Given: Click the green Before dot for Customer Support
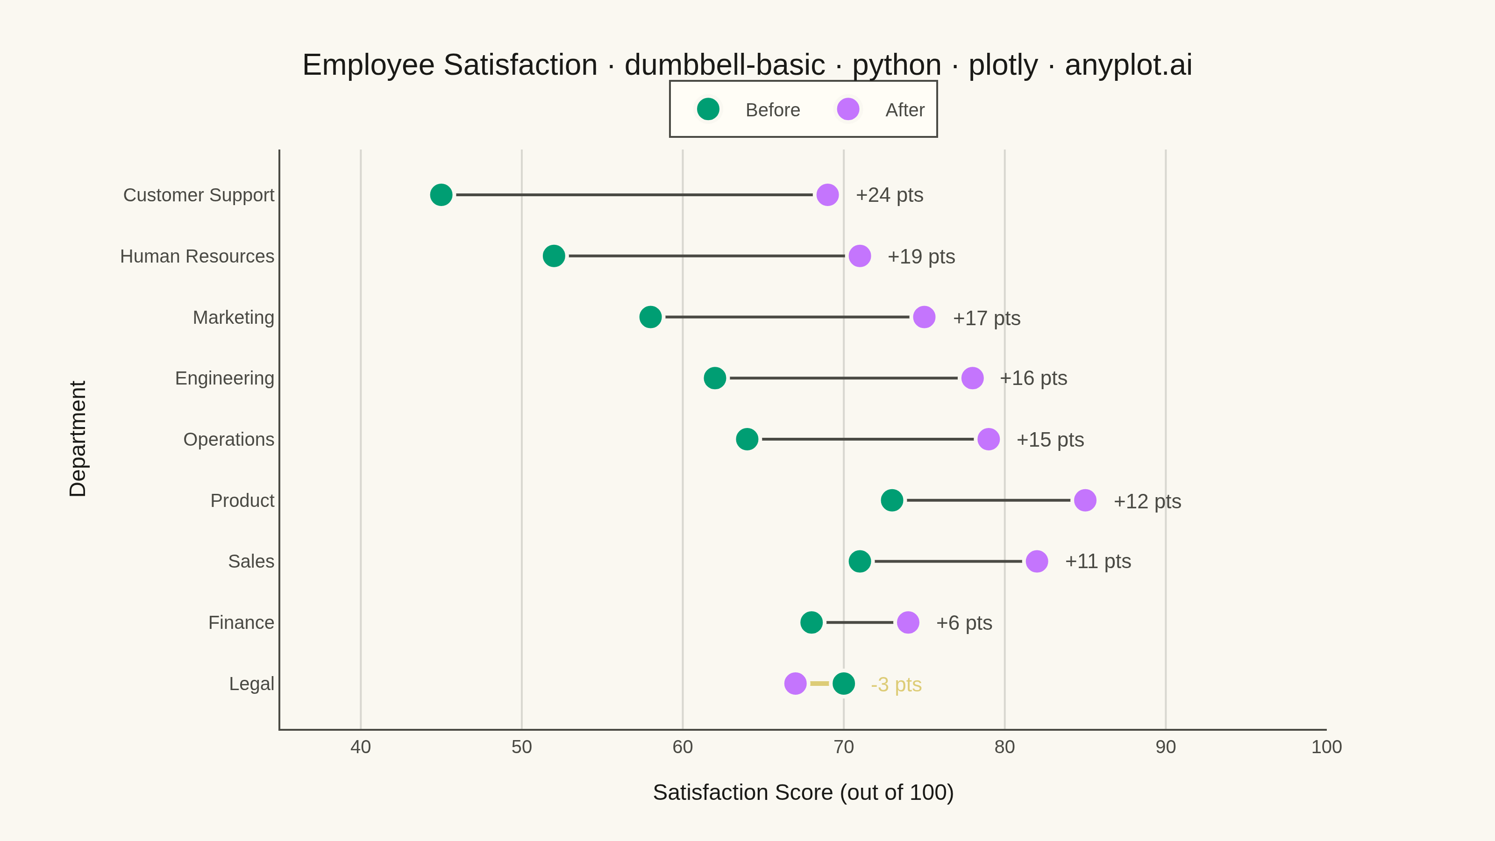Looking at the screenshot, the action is tap(441, 194).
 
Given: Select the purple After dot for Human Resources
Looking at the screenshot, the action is tap(860, 256).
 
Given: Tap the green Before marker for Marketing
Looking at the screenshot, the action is tap(650, 317).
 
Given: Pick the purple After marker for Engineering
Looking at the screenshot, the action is tap(972, 378).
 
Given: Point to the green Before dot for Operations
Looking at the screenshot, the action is tap(747, 439).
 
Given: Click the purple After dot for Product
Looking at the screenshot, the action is tap(1085, 500).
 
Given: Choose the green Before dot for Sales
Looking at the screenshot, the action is tap(860, 561).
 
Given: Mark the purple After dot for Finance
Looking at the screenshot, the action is tap(908, 622).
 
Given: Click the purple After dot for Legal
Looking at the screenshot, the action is tap(795, 683).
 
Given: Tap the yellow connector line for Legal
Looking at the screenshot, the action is tap(819, 683).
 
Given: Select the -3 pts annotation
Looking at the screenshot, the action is tap(896, 685).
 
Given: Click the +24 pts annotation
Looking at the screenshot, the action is tap(890, 195).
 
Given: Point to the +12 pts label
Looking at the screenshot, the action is tap(1147, 501).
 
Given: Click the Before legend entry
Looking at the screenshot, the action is tap(748, 109).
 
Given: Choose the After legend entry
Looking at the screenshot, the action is tap(880, 109).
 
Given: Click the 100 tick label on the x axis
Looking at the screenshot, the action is tap(1327, 747).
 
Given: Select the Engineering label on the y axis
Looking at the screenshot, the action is tap(225, 378).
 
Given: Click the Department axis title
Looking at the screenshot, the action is tap(78, 439).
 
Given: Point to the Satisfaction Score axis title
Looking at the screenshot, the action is tap(803, 792).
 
